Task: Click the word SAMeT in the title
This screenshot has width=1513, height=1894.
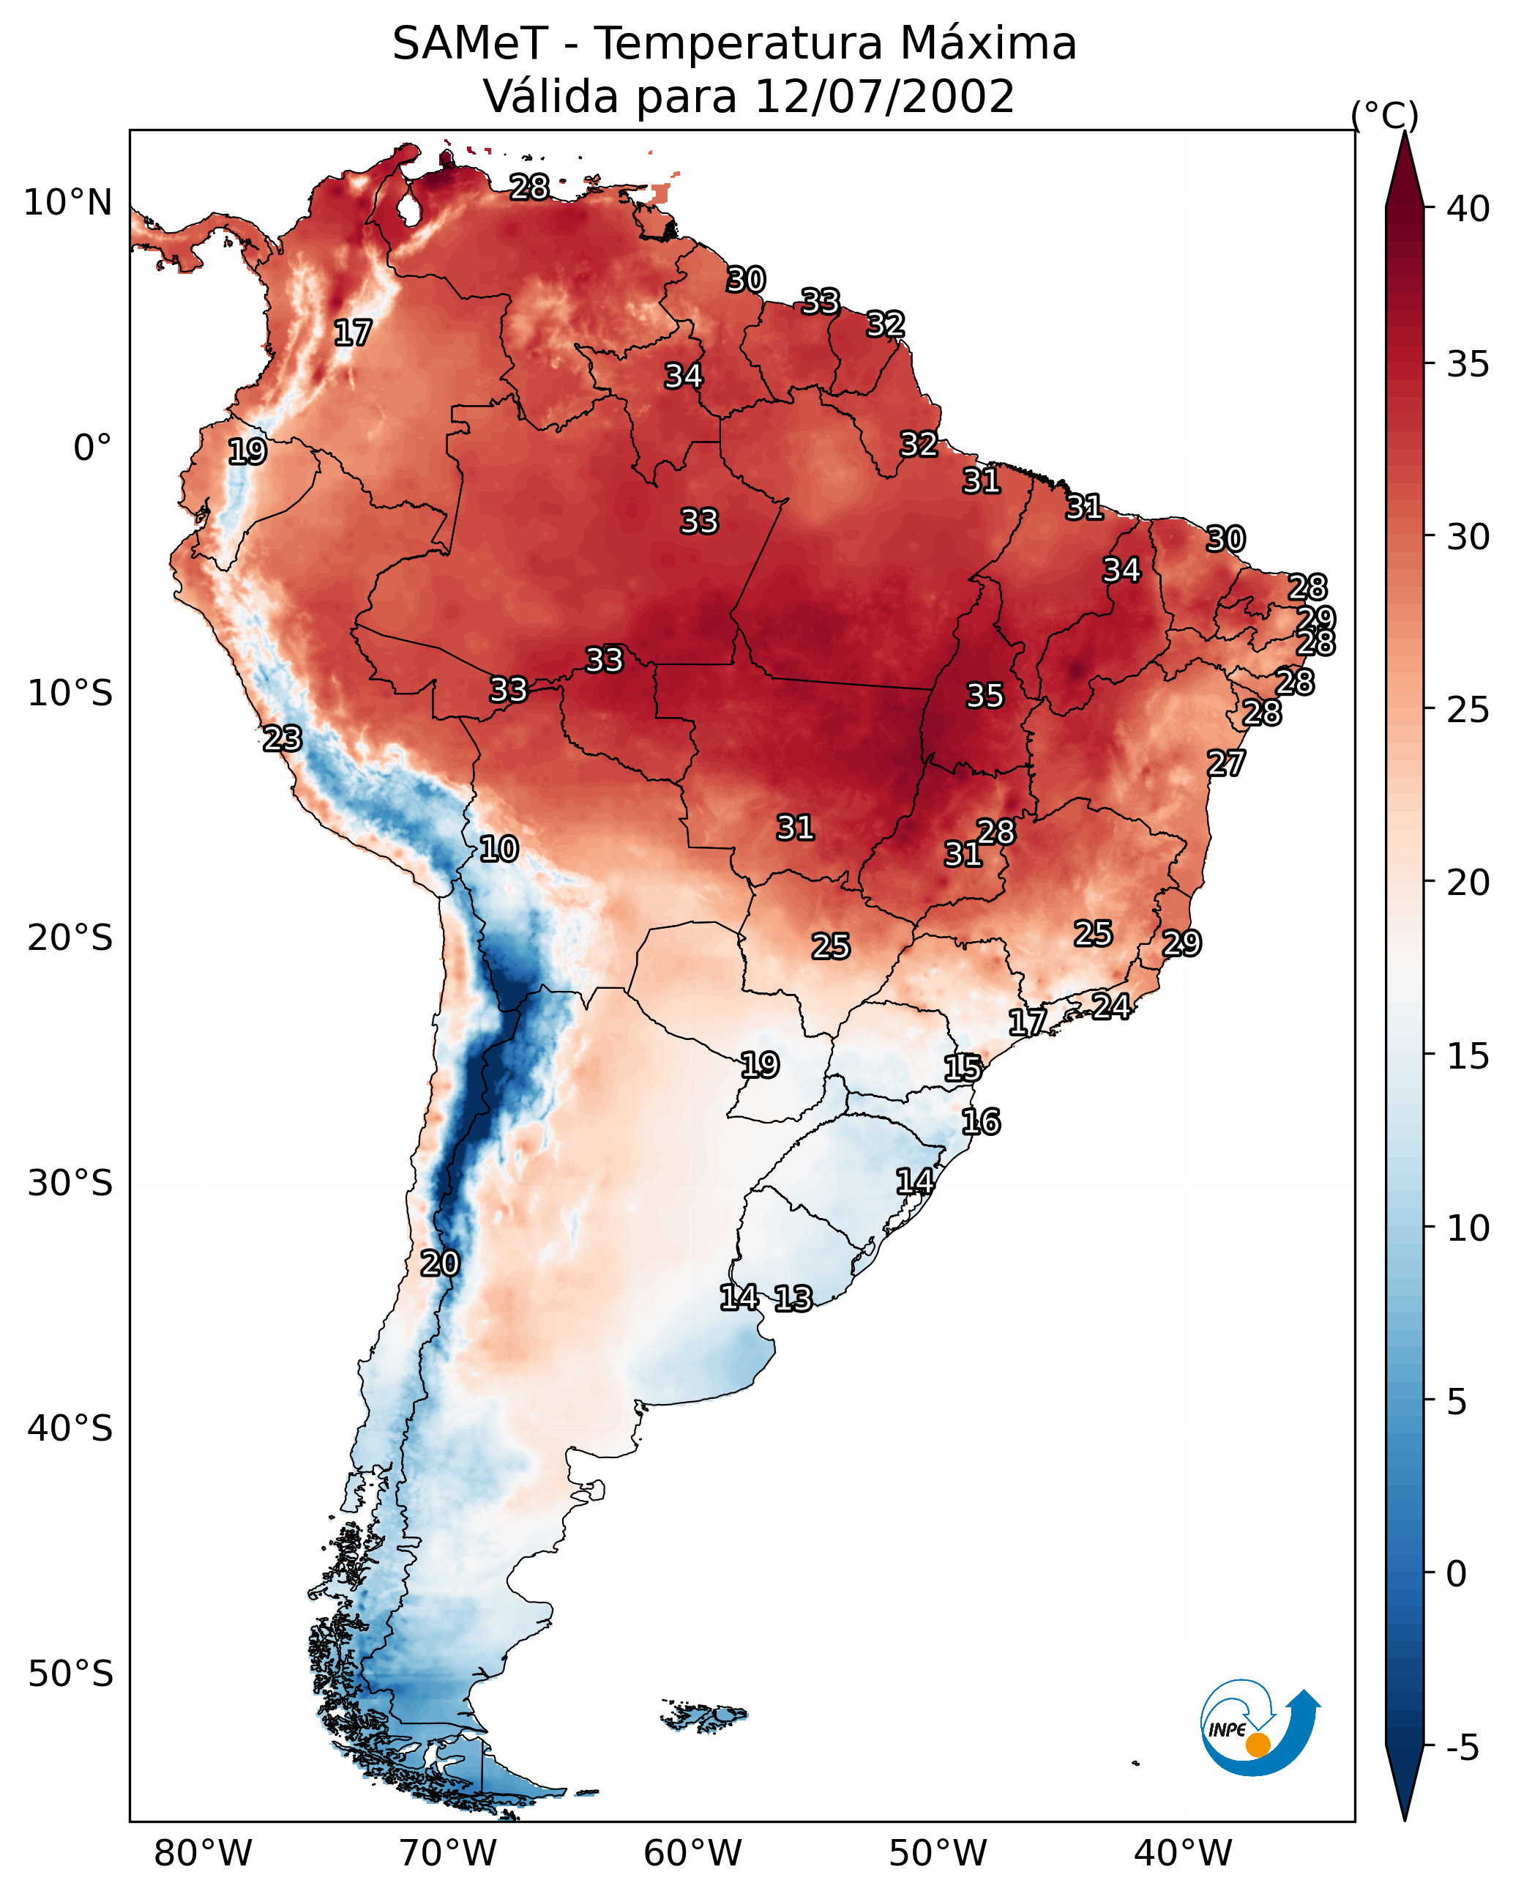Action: pyautogui.click(x=470, y=44)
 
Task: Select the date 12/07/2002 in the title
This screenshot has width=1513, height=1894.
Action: pyautogui.click(x=883, y=97)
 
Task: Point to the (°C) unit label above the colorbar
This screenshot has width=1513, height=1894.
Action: pyautogui.click(x=1384, y=116)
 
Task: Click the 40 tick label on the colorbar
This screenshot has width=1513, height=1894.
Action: pyautogui.click(x=1468, y=209)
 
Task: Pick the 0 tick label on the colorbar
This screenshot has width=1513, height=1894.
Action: pyautogui.click(x=1456, y=1573)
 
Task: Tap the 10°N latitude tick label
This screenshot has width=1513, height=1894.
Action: pyautogui.click(x=67, y=203)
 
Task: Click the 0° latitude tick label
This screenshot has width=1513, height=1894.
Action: pyautogui.click(x=92, y=448)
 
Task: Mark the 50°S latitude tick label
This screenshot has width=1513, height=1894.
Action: pyautogui.click(x=70, y=1674)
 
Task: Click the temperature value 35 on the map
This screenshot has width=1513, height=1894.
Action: pyautogui.click(x=985, y=696)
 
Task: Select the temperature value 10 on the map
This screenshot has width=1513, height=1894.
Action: pyautogui.click(x=498, y=849)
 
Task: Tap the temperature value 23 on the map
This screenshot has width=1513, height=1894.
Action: pyautogui.click(x=282, y=739)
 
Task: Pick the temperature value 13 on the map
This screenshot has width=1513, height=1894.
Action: pyautogui.click(x=793, y=1299)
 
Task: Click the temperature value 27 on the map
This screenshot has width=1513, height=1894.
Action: pyautogui.click(x=1225, y=763)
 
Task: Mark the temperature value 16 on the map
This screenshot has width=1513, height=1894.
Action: pyautogui.click(x=980, y=1122)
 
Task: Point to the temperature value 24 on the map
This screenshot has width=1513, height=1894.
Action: pyautogui.click(x=1111, y=1006)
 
